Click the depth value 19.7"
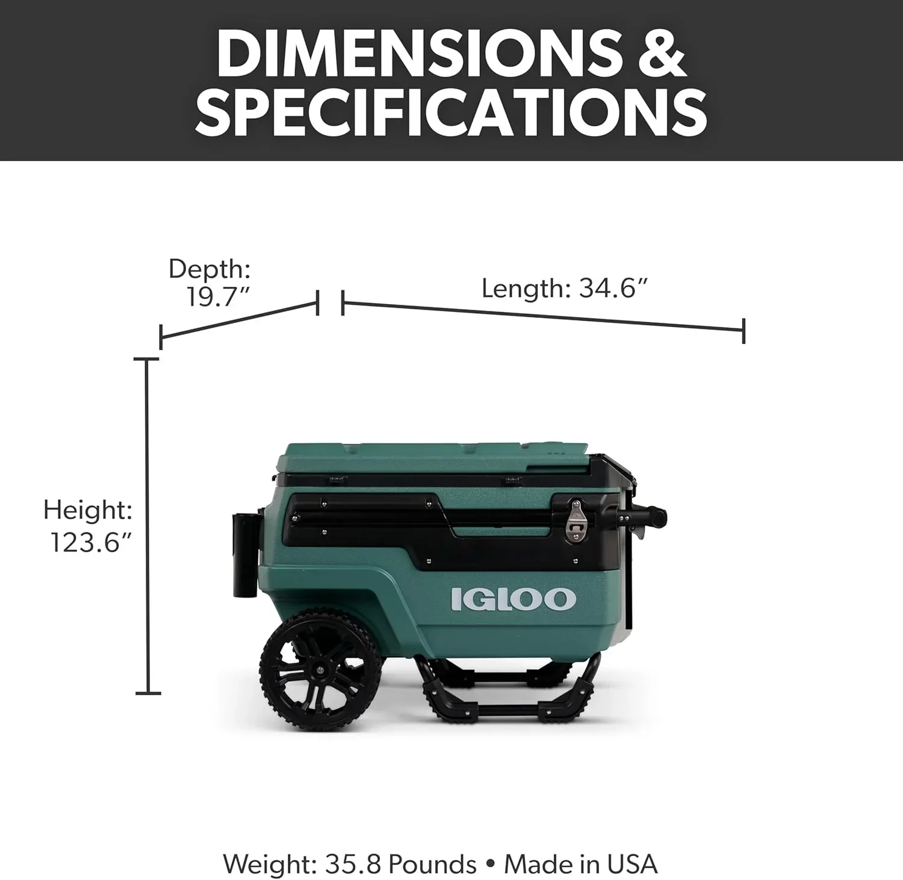pos(217,296)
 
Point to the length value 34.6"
pos(613,289)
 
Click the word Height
pos(87,510)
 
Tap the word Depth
pos(209,269)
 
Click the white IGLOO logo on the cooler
pos(513,599)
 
